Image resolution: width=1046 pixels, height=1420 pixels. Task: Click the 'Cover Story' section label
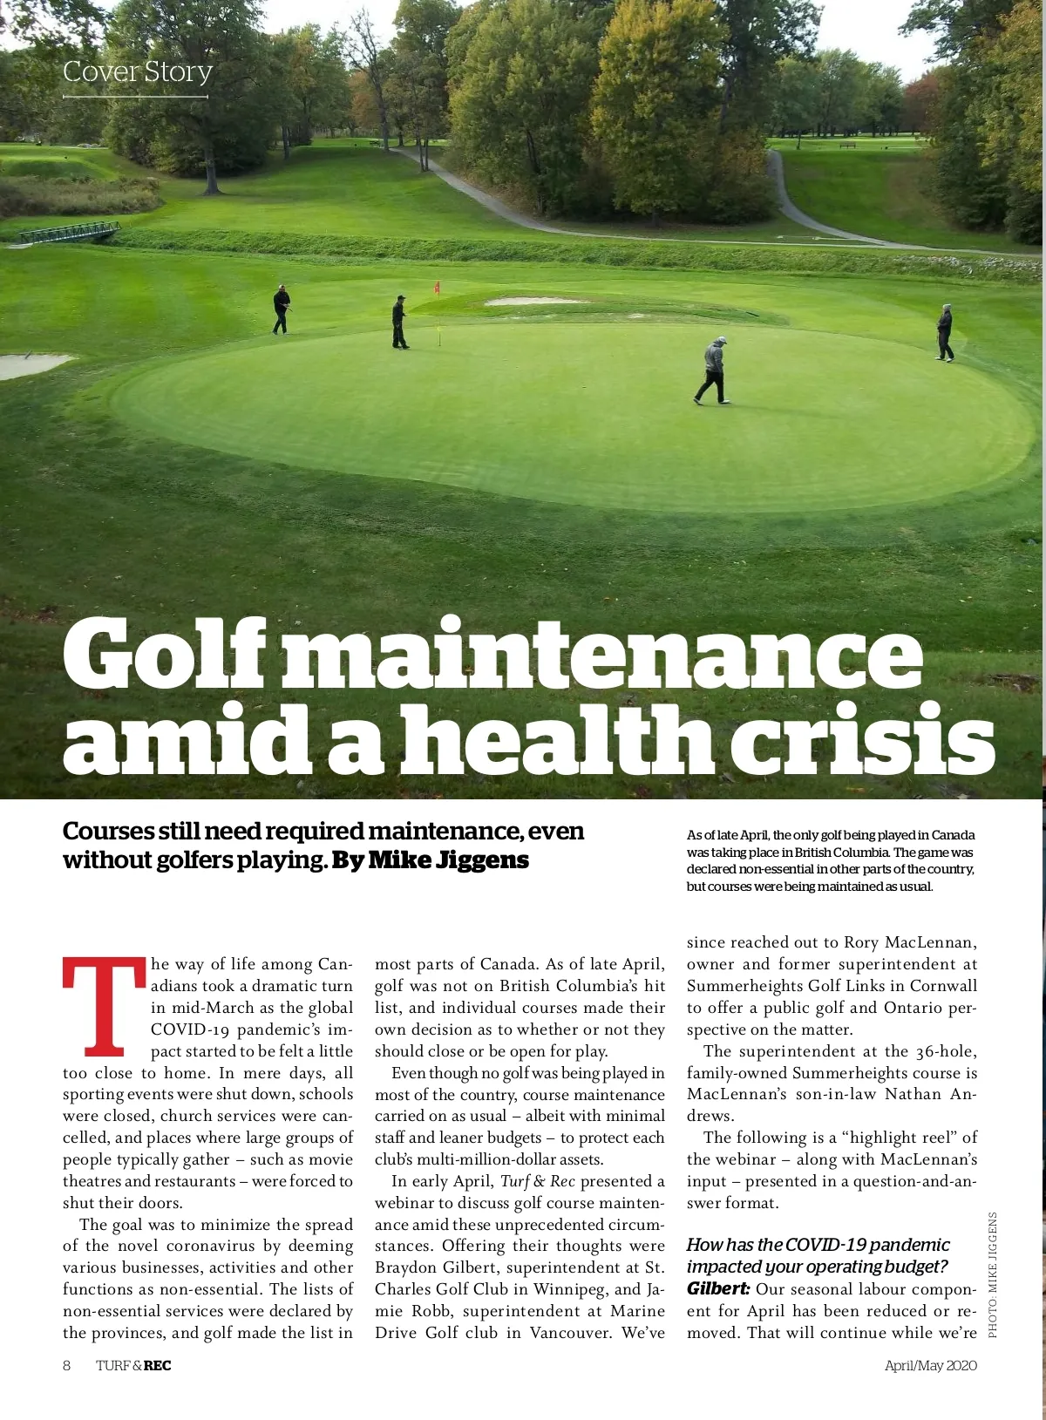(138, 71)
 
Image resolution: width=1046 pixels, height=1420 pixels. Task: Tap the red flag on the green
(437, 287)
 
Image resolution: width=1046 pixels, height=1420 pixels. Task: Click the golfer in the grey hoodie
(713, 370)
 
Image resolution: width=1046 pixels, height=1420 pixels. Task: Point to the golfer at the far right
(945, 332)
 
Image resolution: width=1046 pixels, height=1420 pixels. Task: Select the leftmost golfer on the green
(281, 309)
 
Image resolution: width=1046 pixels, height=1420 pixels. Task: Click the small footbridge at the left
(70, 233)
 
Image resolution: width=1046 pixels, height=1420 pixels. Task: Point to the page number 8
(67, 1365)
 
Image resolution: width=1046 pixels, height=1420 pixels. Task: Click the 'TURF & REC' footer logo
(133, 1365)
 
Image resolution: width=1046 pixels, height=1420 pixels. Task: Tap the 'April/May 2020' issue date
(930, 1365)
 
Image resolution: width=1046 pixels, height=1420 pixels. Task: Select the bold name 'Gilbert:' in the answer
(718, 1289)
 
